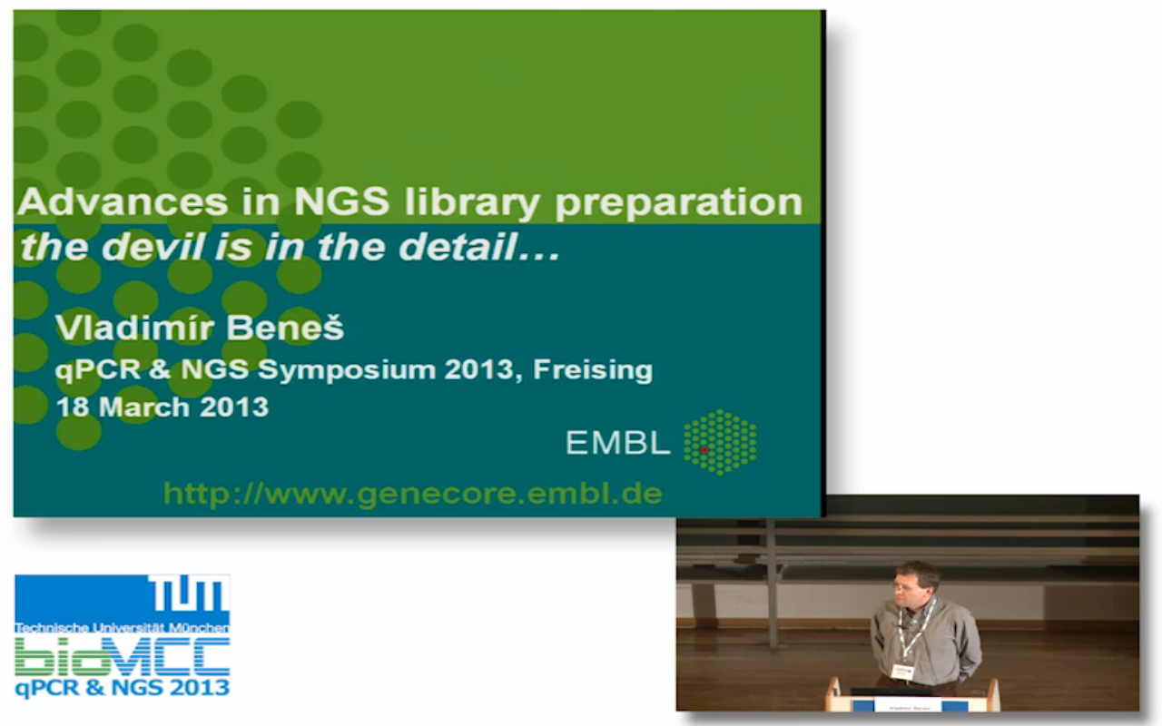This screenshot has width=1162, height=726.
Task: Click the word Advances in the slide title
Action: click(x=123, y=201)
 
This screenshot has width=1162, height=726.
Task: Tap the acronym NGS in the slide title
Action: click(x=341, y=201)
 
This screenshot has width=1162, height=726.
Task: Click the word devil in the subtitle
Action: click(x=153, y=246)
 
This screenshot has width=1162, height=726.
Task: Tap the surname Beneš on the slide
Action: click(x=285, y=328)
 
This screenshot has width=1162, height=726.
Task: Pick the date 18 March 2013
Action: click(x=162, y=407)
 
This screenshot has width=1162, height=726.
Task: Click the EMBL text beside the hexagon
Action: click(x=617, y=443)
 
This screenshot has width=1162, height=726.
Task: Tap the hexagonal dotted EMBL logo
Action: click(x=720, y=442)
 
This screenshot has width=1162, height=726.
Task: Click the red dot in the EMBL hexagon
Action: click(x=704, y=449)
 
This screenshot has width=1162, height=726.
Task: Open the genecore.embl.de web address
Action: click(x=413, y=494)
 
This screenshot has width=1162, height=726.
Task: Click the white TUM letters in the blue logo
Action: click(x=188, y=594)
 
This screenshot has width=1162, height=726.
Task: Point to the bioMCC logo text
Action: click(x=123, y=657)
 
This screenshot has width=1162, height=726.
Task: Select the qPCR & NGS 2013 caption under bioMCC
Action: click(x=123, y=688)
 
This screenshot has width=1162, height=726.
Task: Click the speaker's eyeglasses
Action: click(x=906, y=587)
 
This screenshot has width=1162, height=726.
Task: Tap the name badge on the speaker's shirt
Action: click(x=901, y=672)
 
